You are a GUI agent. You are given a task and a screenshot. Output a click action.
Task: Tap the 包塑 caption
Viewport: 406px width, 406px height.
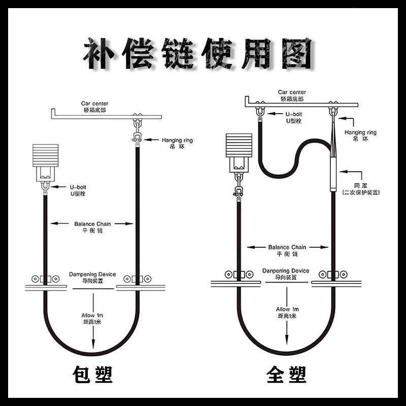[x=93, y=375]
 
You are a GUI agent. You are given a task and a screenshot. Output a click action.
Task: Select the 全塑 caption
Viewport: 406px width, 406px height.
[x=286, y=375]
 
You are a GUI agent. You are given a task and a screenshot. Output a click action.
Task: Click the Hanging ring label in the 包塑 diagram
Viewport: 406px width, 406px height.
[x=177, y=143]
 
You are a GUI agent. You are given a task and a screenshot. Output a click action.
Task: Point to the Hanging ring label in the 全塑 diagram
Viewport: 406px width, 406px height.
[x=360, y=135]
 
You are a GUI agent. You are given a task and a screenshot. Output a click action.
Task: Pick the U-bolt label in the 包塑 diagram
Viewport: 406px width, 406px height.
[x=78, y=190]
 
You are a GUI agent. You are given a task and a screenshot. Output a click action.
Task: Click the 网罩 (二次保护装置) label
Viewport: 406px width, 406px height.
[x=361, y=189]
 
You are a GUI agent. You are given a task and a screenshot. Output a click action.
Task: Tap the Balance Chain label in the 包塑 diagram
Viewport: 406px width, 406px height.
[x=92, y=226]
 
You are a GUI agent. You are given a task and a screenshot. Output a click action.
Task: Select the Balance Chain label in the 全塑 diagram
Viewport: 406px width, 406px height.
[x=287, y=250]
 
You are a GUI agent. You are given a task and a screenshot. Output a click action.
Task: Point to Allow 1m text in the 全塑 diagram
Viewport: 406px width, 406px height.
[x=287, y=312]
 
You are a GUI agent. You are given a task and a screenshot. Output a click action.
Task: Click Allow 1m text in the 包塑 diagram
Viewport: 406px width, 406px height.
[x=92, y=318]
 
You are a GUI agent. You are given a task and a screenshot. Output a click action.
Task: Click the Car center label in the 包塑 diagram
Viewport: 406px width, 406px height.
[x=94, y=106]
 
